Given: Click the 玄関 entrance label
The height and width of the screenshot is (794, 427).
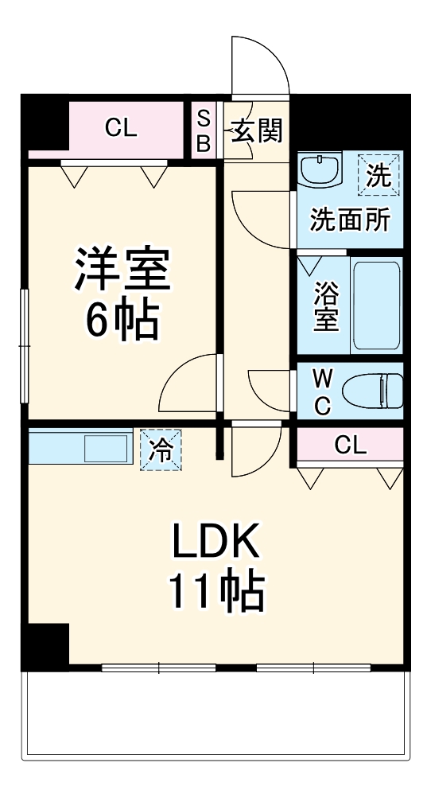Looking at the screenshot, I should (256, 130).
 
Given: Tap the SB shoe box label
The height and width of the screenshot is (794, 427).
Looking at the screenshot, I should (204, 130).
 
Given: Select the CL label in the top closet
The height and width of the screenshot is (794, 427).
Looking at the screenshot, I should (121, 127).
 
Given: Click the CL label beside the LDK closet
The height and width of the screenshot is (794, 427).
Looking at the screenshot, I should (350, 446).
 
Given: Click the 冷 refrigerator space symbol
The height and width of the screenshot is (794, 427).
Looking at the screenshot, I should (161, 450).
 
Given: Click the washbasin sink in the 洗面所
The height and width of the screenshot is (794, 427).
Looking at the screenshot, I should (321, 170).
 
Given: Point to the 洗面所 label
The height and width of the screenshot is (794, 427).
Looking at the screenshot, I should (350, 220).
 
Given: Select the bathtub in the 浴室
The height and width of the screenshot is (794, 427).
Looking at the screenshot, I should (375, 304).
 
